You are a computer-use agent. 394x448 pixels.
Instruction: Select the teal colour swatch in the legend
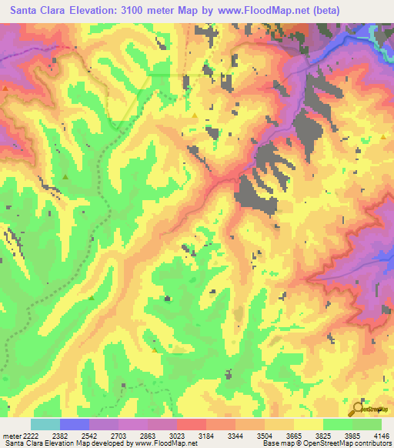(45, 424)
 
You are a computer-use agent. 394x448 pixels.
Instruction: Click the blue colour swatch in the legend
(75, 424)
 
